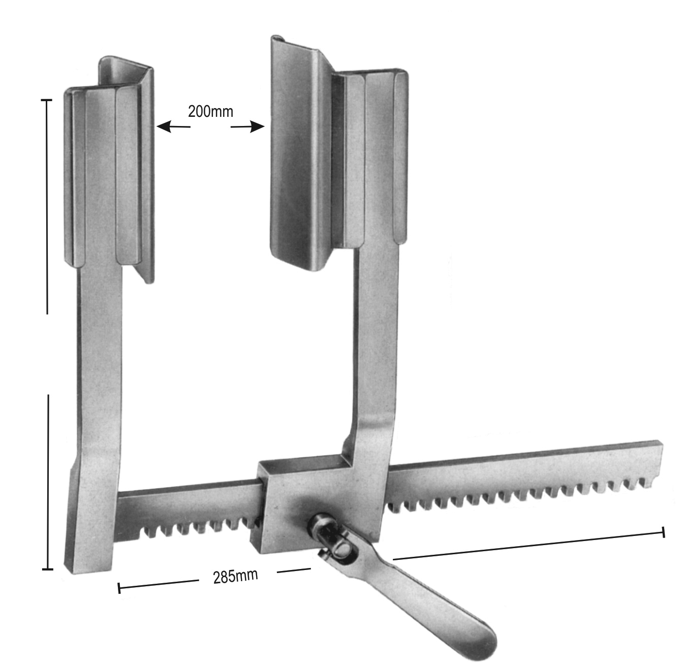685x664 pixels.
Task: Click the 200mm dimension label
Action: (x=210, y=112)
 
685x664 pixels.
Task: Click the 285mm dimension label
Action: (x=235, y=576)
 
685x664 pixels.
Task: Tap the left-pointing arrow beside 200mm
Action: (x=174, y=127)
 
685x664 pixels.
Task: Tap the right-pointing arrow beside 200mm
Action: (x=247, y=127)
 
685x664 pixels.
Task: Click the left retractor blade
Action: (x=109, y=169)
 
